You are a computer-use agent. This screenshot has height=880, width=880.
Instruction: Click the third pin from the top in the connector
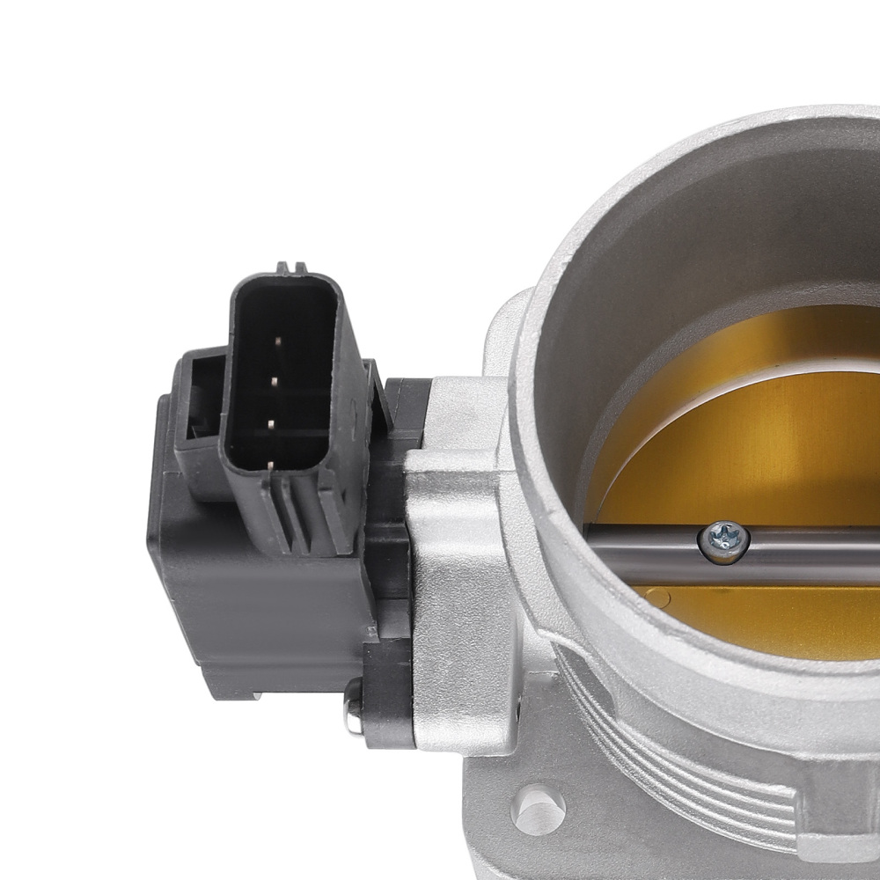[x=272, y=424]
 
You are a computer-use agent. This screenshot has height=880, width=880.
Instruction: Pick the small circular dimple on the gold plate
[x=655, y=599]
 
